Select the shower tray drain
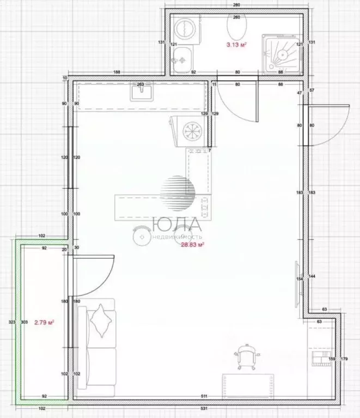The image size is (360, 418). point(283,54)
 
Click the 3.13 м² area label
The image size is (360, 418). point(237,45)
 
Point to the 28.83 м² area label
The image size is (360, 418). point(192,246)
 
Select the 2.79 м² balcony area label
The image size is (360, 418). point(44,323)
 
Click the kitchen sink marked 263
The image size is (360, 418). point(140,93)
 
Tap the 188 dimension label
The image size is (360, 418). point(117,72)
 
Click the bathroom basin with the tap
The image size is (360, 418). point(181,55)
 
